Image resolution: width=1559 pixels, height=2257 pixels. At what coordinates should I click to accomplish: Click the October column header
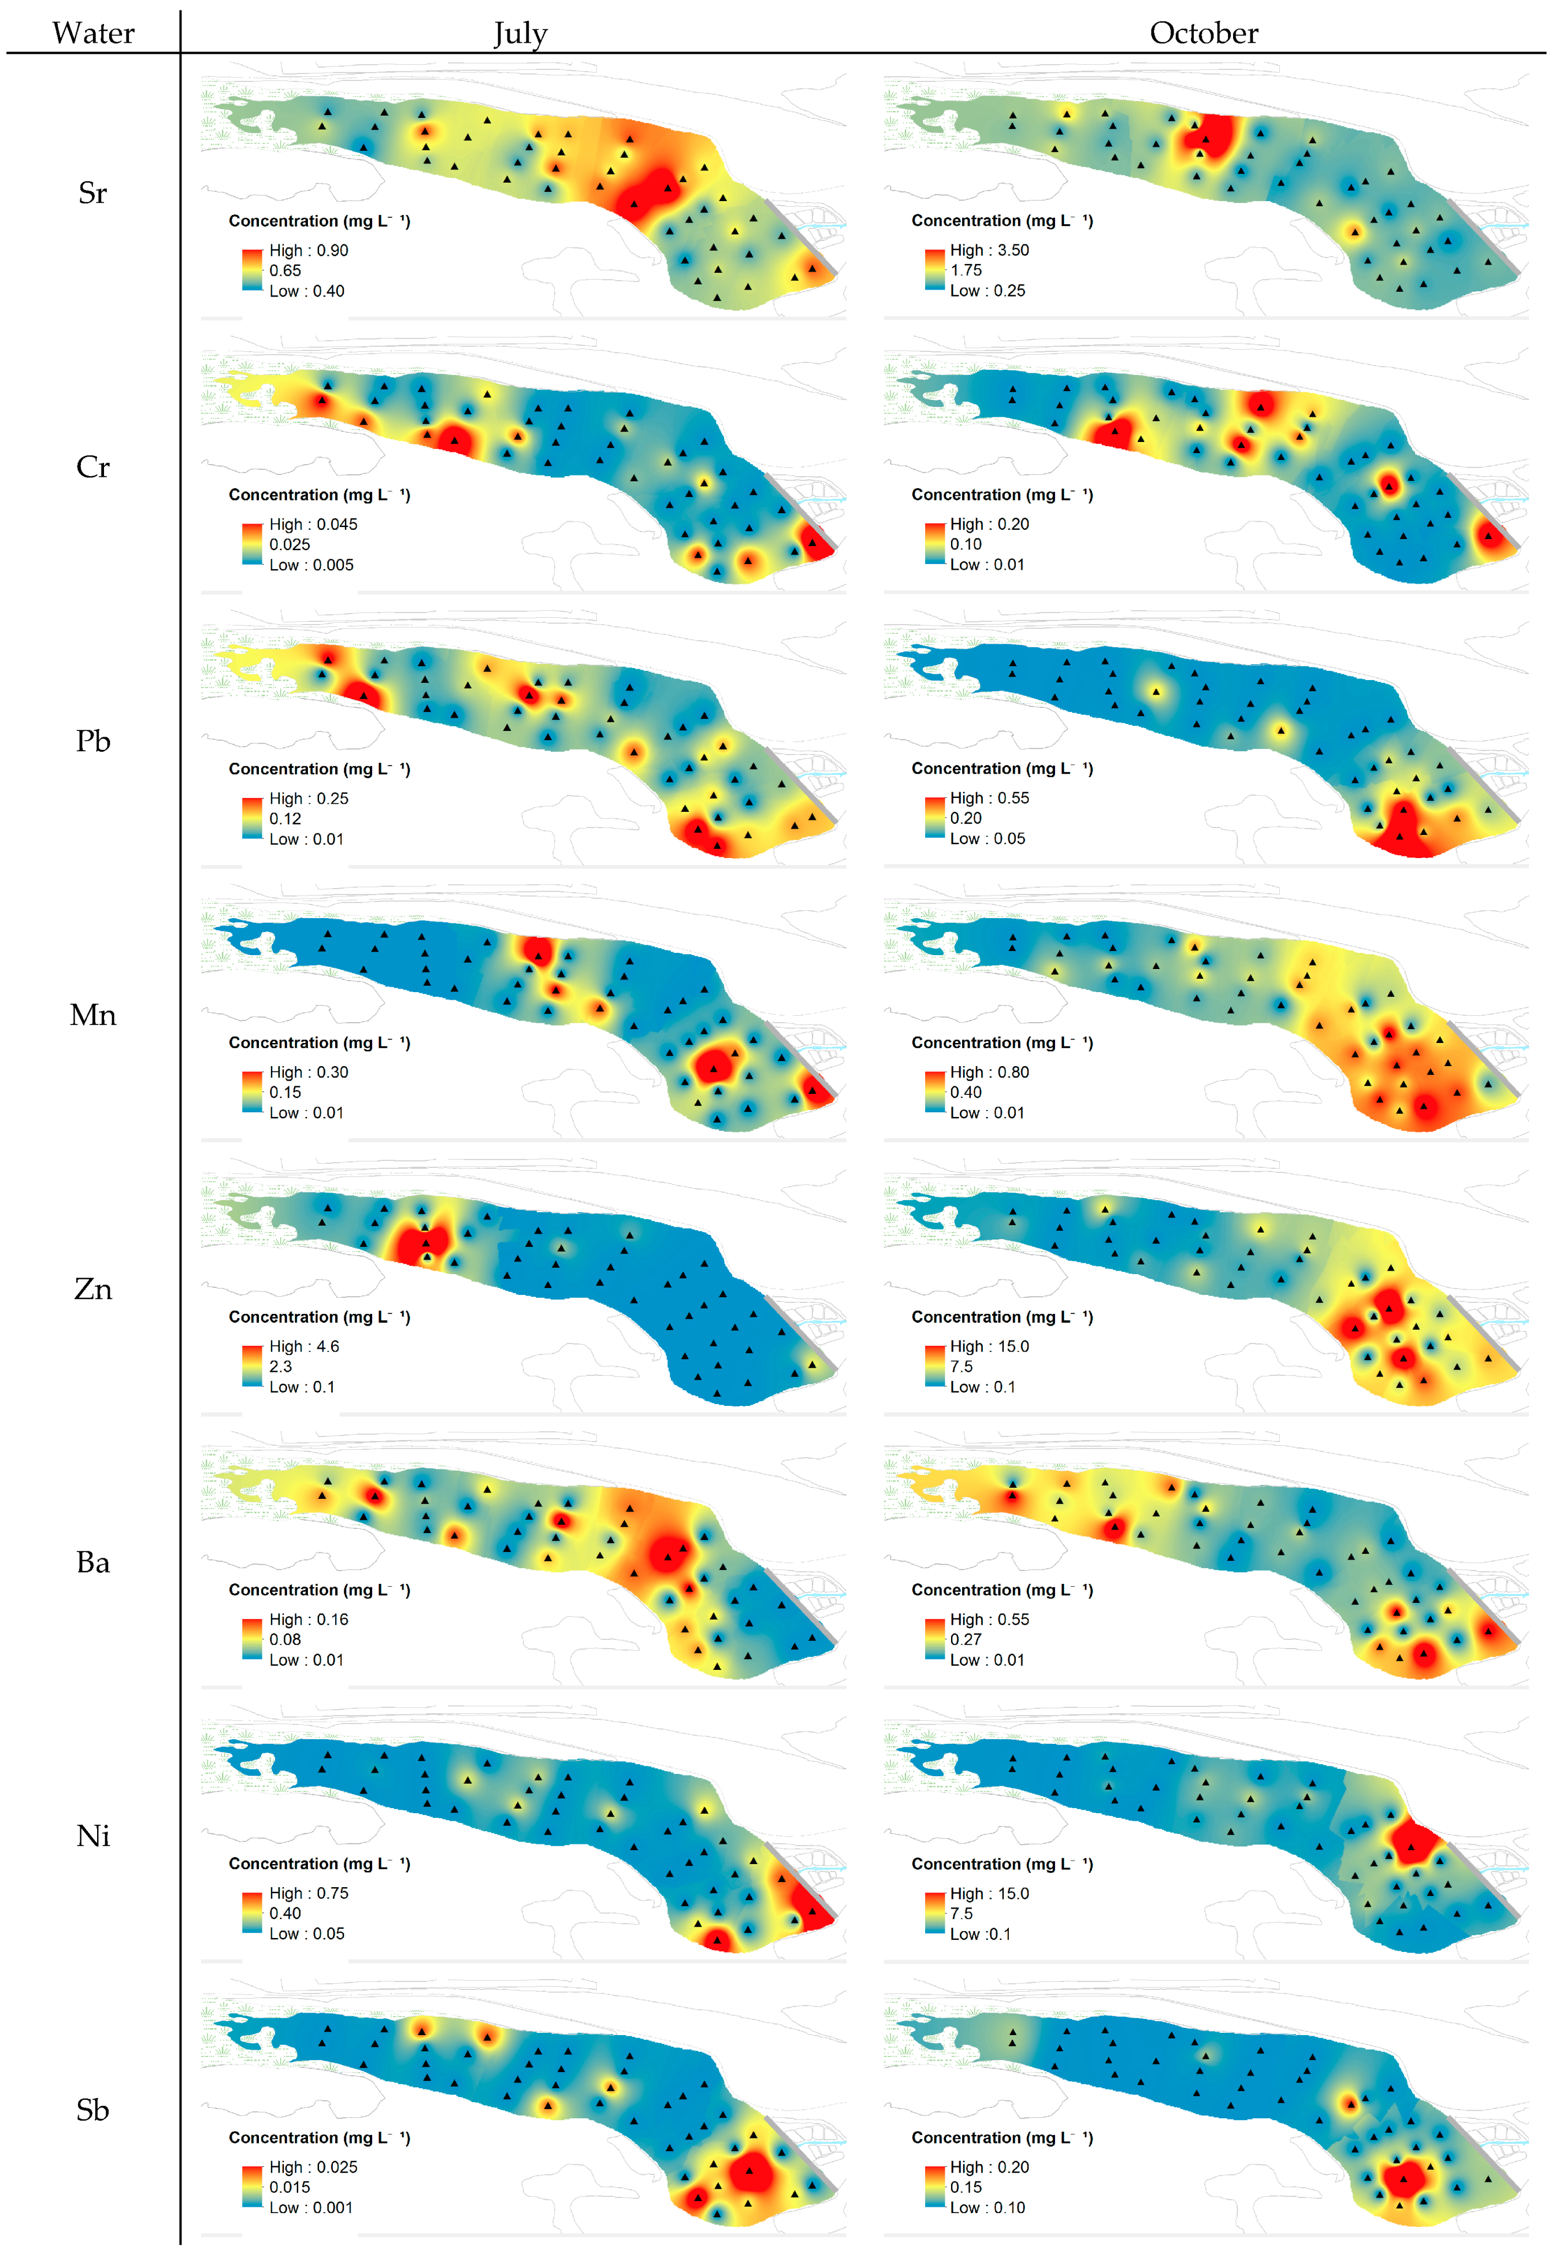pyautogui.click(x=1204, y=33)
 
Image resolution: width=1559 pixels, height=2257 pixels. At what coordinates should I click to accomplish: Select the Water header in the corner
pyautogui.click(x=94, y=33)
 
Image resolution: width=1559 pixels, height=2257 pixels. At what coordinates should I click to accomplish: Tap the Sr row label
pyautogui.click(x=93, y=194)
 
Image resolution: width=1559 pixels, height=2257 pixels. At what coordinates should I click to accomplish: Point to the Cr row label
pyautogui.click(x=93, y=467)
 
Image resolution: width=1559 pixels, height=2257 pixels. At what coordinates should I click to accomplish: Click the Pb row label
pyautogui.click(x=93, y=741)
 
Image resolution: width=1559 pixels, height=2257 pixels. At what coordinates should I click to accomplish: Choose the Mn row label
pyautogui.click(x=93, y=1016)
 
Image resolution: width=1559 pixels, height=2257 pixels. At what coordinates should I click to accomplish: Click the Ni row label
pyautogui.click(x=93, y=1836)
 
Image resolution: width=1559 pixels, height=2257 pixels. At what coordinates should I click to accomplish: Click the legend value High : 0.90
pyautogui.click(x=309, y=250)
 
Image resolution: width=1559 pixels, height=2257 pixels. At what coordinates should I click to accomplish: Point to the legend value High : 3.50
pyautogui.click(x=989, y=250)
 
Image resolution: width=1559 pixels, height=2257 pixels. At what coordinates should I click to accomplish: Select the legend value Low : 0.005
pyautogui.click(x=311, y=565)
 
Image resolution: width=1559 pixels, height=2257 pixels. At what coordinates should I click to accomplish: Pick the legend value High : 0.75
pyautogui.click(x=309, y=1893)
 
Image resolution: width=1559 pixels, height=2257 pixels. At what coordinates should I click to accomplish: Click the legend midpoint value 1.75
pyautogui.click(x=966, y=270)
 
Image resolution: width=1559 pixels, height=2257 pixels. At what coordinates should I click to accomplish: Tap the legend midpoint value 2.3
pyautogui.click(x=280, y=1367)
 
